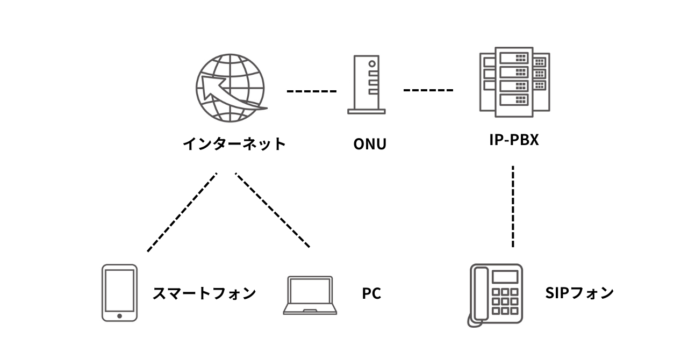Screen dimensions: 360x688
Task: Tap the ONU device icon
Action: (x=366, y=85)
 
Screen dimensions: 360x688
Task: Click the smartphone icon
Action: (x=119, y=293)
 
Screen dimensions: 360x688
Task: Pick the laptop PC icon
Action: (x=310, y=296)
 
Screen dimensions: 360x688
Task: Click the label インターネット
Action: (x=234, y=144)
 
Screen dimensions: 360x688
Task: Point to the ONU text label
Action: (x=369, y=145)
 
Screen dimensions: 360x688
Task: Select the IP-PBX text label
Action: (x=514, y=141)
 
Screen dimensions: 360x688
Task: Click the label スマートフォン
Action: (x=204, y=293)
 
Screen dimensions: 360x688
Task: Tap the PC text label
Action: (x=371, y=294)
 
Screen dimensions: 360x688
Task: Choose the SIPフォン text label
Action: (x=579, y=293)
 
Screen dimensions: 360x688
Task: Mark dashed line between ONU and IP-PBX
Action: (x=428, y=90)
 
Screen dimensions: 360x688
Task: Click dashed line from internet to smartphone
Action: (x=182, y=212)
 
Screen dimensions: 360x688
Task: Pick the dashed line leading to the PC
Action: (x=273, y=210)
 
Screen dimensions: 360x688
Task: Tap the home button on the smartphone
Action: (x=119, y=315)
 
